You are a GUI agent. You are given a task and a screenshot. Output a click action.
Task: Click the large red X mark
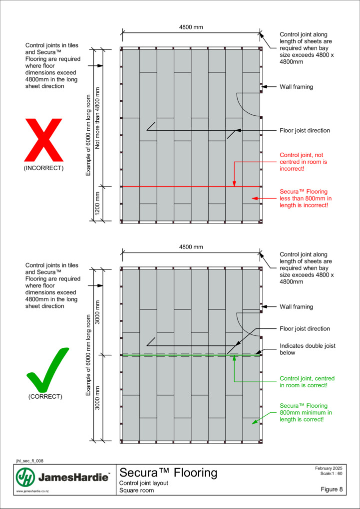pos(43,140)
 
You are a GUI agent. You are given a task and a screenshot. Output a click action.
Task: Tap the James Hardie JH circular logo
pos(25,478)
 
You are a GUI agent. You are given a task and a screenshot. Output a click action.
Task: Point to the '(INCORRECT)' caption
pos(43,168)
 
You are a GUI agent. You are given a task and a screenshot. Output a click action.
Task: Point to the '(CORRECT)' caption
pos(45,397)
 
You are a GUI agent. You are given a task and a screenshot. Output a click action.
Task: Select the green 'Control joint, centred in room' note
pos(308,382)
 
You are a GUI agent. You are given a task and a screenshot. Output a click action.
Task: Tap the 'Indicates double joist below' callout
pos(308,349)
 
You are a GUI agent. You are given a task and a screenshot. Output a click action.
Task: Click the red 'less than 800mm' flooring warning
pos(306,198)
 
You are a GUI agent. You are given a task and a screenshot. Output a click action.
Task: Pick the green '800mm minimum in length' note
pos(306,412)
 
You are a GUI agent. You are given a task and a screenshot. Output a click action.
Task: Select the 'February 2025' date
pos(329,469)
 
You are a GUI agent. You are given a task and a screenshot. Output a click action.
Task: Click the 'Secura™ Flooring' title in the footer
pos(168,473)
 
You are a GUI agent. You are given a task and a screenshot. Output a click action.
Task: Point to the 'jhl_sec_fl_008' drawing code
pos(29,461)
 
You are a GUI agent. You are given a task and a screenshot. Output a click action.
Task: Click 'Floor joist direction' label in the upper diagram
pos(305,131)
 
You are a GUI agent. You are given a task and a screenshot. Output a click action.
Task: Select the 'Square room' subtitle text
pos(137,491)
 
